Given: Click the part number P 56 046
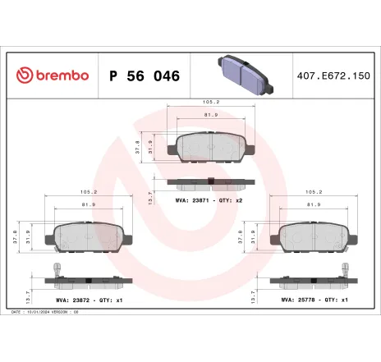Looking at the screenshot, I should pyautogui.click(x=144, y=76).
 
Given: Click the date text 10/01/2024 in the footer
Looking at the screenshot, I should pyautogui.click(x=39, y=312).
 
